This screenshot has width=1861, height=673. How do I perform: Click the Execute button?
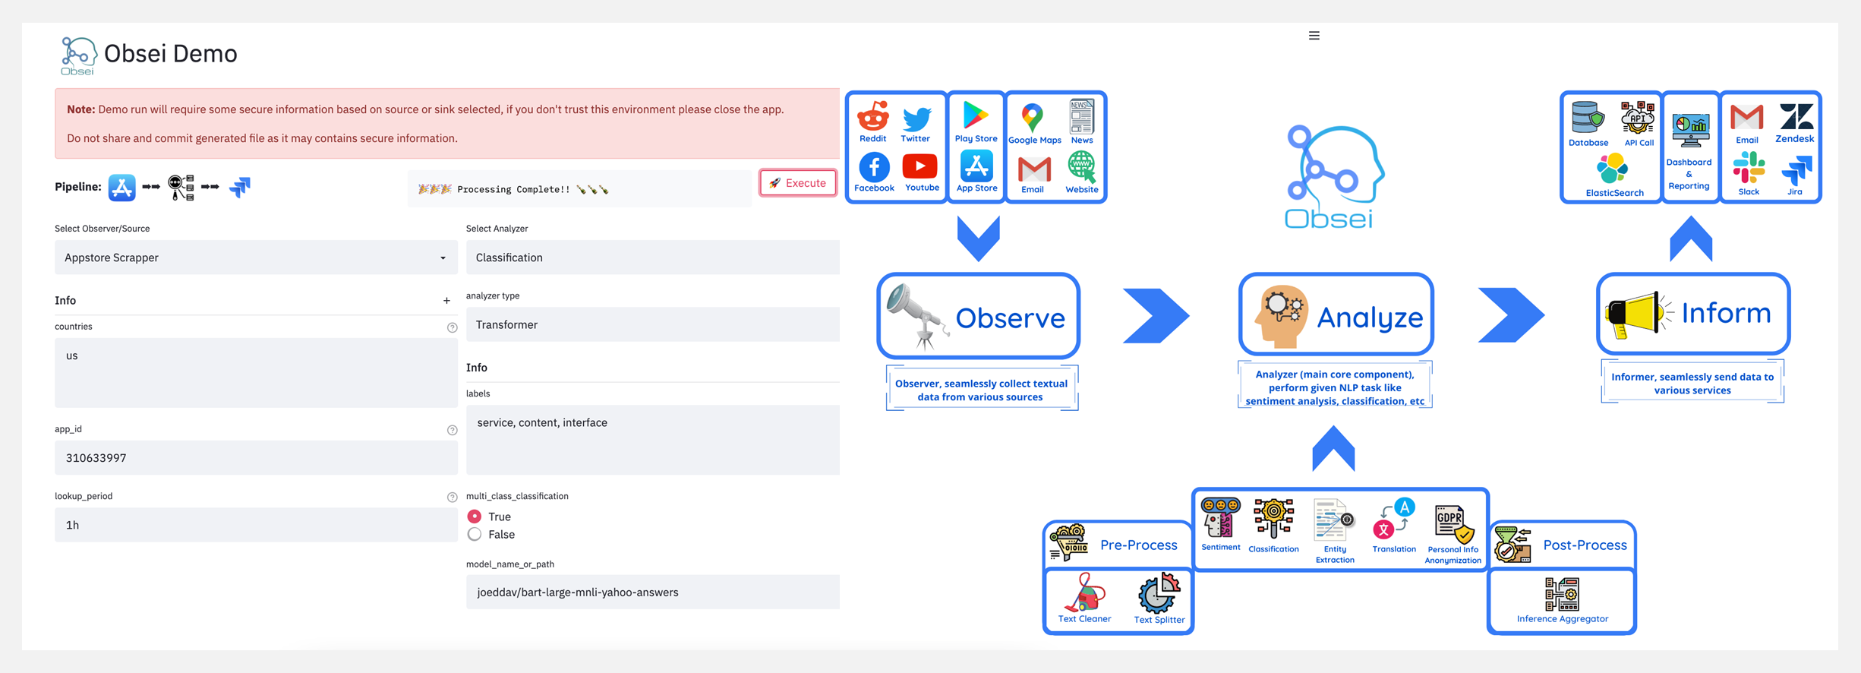tap(798, 183)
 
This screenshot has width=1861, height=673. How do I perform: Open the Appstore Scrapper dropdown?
tap(255, 258)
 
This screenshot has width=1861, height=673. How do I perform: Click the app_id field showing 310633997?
tap(255, 458)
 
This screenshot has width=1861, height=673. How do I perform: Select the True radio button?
tap(475, 517)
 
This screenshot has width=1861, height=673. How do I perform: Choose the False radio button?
tap(475, 535)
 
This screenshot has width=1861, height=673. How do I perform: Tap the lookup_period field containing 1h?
tap(255, 525)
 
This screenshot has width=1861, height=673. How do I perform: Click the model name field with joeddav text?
tap(651, 592)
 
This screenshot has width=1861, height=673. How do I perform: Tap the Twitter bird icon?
tap(916, 118)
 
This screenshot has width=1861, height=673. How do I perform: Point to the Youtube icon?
tap(920, 166)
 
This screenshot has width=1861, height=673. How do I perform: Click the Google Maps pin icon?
tap(1032, 118)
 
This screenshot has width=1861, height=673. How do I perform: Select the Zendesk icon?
tap(1795, 118)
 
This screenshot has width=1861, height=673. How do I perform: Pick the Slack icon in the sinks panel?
tap(1749, 168)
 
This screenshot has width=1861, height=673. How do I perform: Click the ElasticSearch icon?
tap(1612, 169)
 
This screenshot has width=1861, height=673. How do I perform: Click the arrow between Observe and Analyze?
tap(1155, 315)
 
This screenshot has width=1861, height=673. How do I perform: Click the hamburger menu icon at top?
tap(1314, 36)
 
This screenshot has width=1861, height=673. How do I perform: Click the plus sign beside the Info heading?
tap(446, 301)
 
